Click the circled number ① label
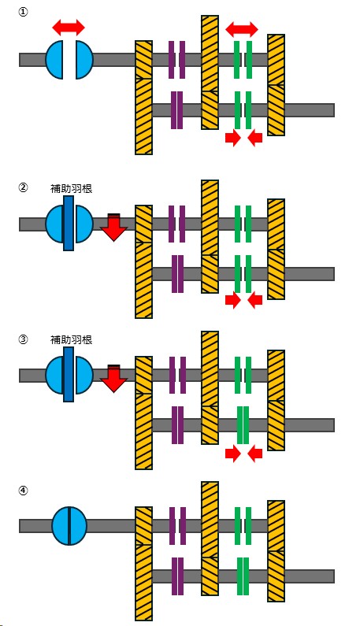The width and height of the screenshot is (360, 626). click(x=23, y=12)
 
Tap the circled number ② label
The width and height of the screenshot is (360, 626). click(x=23, y=187)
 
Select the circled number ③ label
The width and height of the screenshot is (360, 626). click(x=23, y=339)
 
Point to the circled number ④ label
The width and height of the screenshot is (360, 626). click(x=23, y=491)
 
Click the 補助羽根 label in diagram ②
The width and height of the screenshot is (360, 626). click(x=71, y=188)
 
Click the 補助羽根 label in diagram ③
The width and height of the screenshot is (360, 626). click(x=71, y=339)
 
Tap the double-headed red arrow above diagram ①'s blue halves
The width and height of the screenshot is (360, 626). click(x=69, y=28)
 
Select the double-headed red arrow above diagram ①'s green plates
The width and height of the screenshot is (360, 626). click(x=242, y=29)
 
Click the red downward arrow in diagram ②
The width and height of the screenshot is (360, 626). click(x=113, y=227)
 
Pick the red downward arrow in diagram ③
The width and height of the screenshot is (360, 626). click(x=113, y=379)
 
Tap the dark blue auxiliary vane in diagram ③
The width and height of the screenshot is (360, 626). click(x=69, y=375)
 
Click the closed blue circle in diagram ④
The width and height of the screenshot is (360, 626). click(x=69, y=526)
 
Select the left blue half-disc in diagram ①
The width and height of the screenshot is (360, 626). click(x=54, y=60)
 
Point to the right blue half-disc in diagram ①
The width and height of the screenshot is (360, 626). click(x=84, y=60)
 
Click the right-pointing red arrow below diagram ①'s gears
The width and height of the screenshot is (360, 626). click(x=233, y=138)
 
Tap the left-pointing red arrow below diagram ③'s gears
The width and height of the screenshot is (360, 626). click(x=255, y=454)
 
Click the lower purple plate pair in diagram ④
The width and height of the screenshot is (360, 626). click(x=177, y=576)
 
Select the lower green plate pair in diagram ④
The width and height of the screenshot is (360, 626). click(x=243, y=576)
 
